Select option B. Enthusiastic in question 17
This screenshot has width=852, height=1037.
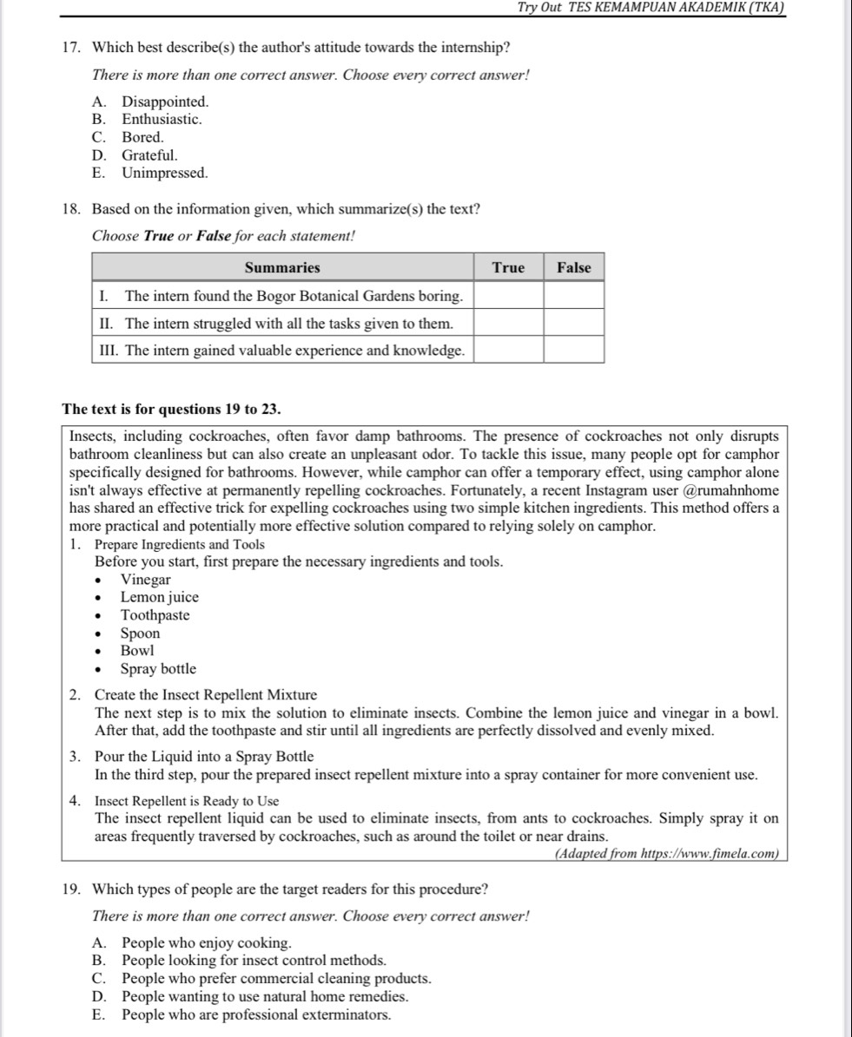pyautogui.click(x=162, y=119)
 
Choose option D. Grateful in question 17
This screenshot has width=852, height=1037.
pyautogui.click(x=149, y=155)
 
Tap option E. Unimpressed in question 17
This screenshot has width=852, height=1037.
pyautogui.click(x=164, y=173)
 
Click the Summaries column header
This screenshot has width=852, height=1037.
pyautogui.click(x=282, y=267)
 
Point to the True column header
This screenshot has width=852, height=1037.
pyautogui.click(x=508, y=267)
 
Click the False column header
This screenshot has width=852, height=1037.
pyautogui.click(x=573, y=267)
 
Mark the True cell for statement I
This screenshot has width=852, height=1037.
pyautogui.click(x=508, y=296)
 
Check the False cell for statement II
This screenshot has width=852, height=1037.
pyautogui.click(x=573, y=323)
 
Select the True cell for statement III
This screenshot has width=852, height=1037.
pyautogui.click(x=508, y=350)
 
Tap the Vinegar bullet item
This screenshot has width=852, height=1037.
pyautogui.click(x=146, y=580)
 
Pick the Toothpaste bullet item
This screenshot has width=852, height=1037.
pyautogui.click(x=155, y=615)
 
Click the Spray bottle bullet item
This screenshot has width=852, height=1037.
pyautogui.click(x=158, y=669)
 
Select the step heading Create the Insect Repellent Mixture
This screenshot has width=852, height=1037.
pyautogui.click(x=206, y=695)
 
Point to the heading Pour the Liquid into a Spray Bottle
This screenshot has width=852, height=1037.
pyautogui.click(x=204, y=757)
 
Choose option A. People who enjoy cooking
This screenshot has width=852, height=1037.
pyautogui.click(x=206, y=942)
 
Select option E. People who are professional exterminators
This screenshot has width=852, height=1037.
pyautogui.click(x=256, y=1014)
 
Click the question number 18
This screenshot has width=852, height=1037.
pyautogui.click(x=72, y=209)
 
